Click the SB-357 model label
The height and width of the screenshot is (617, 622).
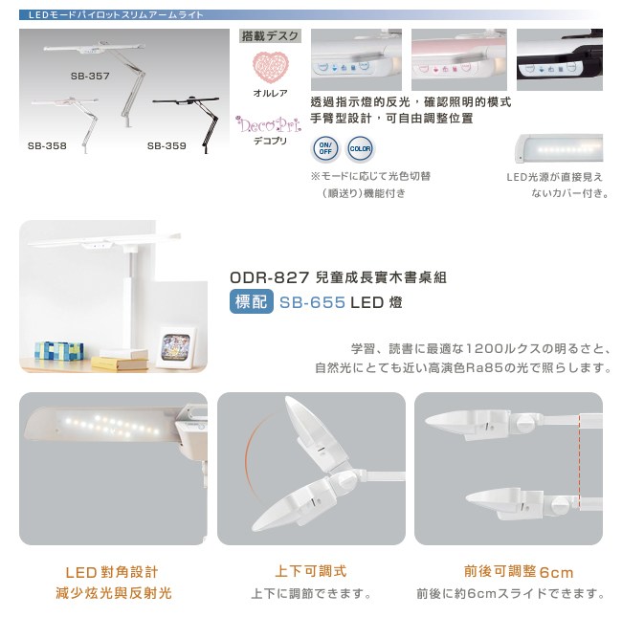coord(90,76)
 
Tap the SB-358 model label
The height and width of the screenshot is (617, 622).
coord(47,146)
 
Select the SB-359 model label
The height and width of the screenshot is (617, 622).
coord(167,146)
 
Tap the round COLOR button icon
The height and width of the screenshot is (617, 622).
coord(360,148)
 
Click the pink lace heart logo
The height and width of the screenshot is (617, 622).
coord(271,67)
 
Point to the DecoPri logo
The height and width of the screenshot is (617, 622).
coord(268,124)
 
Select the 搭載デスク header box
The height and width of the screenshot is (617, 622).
coord(270,36)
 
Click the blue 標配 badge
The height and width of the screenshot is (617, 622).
coord(252,301)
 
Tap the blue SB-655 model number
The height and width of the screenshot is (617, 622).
coord(312,302)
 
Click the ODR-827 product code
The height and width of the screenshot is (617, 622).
coord(269,277)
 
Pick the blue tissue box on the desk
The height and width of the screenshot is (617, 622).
coord(58,351)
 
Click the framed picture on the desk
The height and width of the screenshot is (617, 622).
coord(177,347)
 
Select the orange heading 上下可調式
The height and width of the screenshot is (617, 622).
coord(311,571)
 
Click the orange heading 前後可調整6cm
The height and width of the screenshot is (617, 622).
coord(519,572)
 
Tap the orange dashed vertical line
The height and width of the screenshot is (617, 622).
coord(580,462)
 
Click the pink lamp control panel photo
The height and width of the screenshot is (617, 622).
coord(459,59)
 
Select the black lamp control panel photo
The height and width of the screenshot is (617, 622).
coord(560,59)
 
